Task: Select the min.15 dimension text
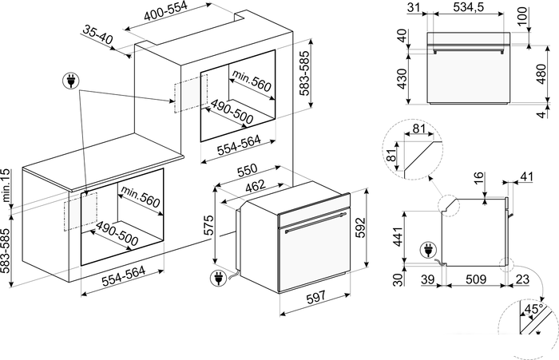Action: (x=7, y=186)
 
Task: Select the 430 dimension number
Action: (x=402, y=77)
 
